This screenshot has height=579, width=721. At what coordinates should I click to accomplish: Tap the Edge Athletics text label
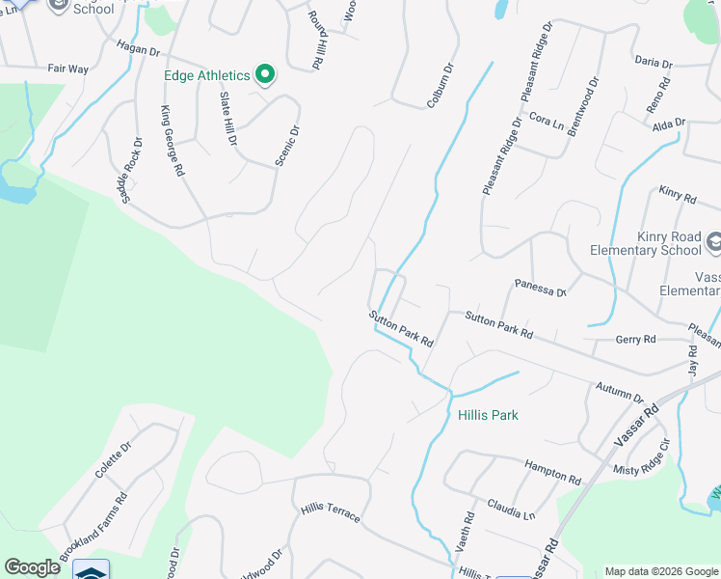[207, 75]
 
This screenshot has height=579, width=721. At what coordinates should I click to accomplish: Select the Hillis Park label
[488, 415]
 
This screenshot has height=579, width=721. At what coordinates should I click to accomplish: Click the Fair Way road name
[67, 69]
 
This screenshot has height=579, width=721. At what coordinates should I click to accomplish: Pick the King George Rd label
[173, 141]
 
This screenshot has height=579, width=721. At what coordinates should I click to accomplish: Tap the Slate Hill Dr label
[228, 118]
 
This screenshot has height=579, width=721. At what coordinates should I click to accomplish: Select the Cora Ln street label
[547, 123]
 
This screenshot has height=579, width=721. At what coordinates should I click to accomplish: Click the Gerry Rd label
[635, 339]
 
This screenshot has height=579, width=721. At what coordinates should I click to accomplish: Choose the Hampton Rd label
[552, 472]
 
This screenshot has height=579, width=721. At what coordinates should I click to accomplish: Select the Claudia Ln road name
[511, 509]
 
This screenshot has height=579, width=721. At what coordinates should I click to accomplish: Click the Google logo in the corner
[32, 567]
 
